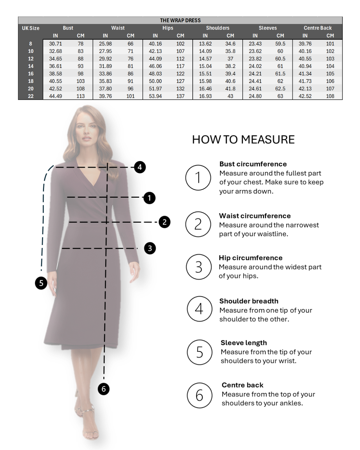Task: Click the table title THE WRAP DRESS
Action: pyautogui.click(x=180, y=20)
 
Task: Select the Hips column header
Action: pyautogui.click(x=168, y=28)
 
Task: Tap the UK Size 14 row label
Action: pyautogui.click(x=31, y=66)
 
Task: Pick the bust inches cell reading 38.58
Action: pyautogui.click(x=55, y=74)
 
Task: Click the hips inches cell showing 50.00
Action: pyautogui.click(x=155, y=81)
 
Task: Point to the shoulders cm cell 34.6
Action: pyautogui.click(x=230, y=44)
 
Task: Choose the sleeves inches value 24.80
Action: pyautogui.click(x=255, y=96)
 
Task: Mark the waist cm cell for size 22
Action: pyautogui.click(x=130, y=96)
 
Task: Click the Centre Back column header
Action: pyautogui.click(x=318, y=28)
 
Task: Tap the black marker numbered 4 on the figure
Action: pyautogui.click(x=140, y=167)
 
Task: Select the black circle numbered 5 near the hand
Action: pyautogui.click(x=41, y=283)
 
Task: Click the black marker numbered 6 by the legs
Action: pyautogui.click(x=104, y=389)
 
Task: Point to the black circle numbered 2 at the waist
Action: pyautogui.click(x=164, y=222)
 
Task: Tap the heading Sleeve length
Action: pyautogui.click(x=244, y=343)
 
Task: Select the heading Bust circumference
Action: pyautogui.click(x=253, y=164)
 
